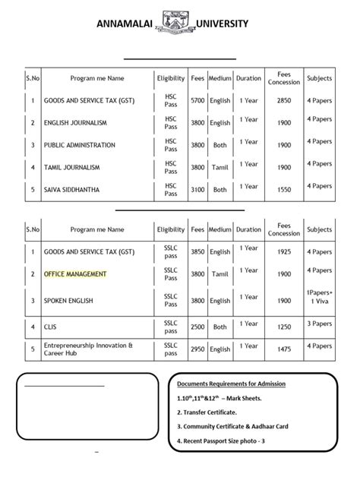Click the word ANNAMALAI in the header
(125, 24)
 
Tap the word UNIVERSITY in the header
(223, 24)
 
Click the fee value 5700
(197, 100)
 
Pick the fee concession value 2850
(285, 100)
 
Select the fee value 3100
(197, 190)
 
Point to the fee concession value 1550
(285, 190)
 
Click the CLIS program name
(52, 327)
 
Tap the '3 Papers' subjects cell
(319, 324)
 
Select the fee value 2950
(197, 349)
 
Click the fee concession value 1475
(285, 349)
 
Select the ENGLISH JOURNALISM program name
(75, 122)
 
